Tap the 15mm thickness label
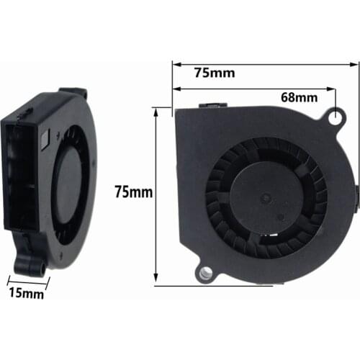coord(26,293)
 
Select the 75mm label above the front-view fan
coord(214,72)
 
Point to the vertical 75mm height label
coord(134,192)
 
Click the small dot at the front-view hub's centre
coord(264,194)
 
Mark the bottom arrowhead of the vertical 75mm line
coord(156,282)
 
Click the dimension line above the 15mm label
coord(27,280)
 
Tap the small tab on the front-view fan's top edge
coord(213,106)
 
